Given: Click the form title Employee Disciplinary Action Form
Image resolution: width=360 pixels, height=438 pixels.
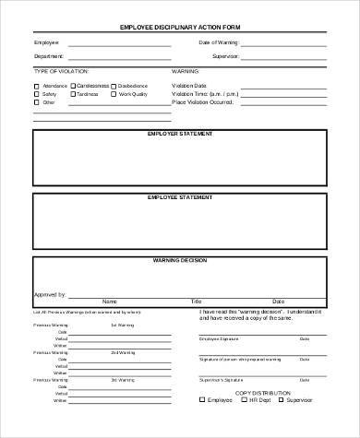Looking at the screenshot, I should (x=180, y=26).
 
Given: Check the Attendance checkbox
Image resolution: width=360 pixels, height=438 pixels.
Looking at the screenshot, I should (x=38, y=85).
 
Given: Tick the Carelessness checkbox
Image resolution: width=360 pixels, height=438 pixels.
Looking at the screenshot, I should (x=72, y=85).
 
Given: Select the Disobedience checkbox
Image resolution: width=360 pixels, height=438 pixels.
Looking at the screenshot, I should (x=114, y=85).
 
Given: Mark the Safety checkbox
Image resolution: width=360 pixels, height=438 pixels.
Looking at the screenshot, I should (x=38, y=93).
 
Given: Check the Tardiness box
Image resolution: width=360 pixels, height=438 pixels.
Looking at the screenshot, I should (x=72, y=93).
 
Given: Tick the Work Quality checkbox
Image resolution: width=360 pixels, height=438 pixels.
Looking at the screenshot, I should (x=114, y=93).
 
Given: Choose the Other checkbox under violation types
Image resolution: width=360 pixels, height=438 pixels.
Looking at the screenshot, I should (x=38, y=102).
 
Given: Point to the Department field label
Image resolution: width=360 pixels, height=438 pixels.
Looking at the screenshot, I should (x=49, y=55).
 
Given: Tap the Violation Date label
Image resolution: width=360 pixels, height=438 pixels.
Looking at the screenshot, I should (x=188, y=85).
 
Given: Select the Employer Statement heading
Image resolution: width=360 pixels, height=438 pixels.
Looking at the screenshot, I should (x=180, y=134).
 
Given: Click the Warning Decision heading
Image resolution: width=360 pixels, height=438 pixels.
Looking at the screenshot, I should (x=180, y=261).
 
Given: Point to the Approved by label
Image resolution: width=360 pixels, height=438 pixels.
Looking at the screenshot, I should (x=49, y=294).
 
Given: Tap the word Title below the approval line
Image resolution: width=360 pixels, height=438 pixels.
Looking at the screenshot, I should (x=196, y=302).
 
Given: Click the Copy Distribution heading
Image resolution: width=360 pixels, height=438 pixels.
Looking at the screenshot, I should (x=261, y=418).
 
